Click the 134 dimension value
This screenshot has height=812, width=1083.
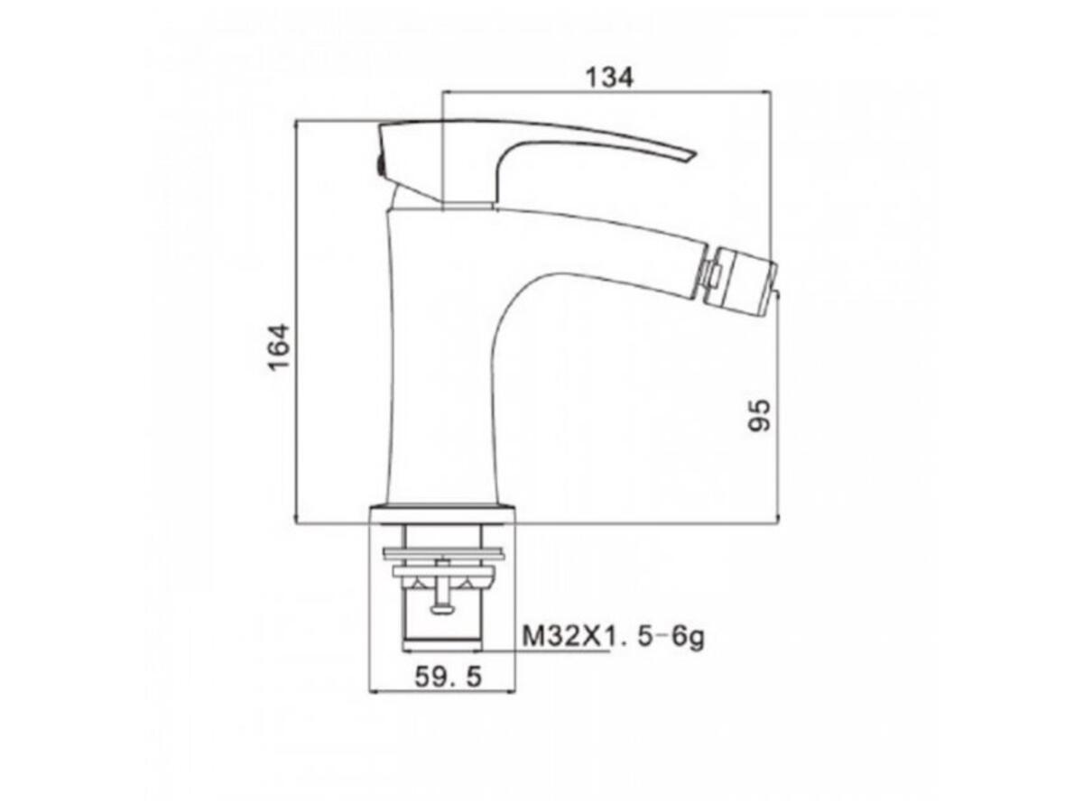(608, 78)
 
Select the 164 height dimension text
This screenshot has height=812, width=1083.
(278, 346)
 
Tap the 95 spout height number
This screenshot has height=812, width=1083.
(759, 415)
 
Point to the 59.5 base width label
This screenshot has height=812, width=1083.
(447, 677)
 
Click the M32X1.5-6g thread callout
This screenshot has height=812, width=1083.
(614, 636)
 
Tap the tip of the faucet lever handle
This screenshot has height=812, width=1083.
(693, 155)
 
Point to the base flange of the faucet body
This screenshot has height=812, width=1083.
(442, 513)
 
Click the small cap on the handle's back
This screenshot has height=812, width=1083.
(379, 165)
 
